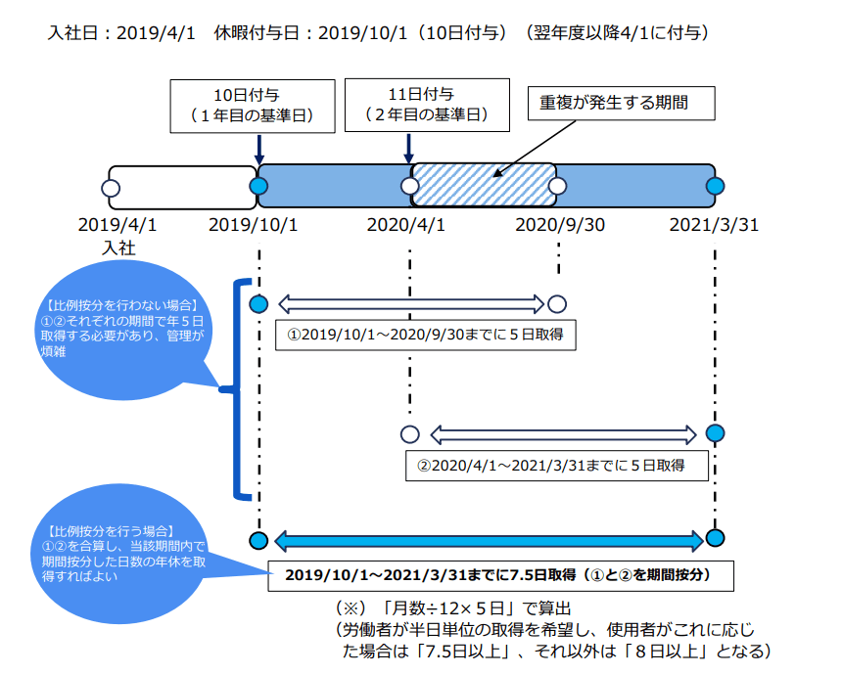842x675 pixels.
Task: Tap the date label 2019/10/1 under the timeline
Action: pyautogui.click(x=253, y=225)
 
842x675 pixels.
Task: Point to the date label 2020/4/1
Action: pyautogui.click(x=406, y=225)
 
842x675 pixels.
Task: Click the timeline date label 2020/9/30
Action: pyautogui.click(x=560, y=225)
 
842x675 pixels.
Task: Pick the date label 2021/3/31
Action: pyautogui.click(x=715, y=225)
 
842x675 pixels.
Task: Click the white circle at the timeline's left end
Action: pyautogui.click(x=111, y=186)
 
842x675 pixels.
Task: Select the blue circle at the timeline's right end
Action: pyautogui.click(x=716, y=186)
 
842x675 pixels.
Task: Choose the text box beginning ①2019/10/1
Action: pyautogui.click(x=425, y=334)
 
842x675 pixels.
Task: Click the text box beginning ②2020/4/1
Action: pyautogui.click(x=557, y=465)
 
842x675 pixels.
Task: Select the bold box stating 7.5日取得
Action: pyautogui.click(x=501, y=574)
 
